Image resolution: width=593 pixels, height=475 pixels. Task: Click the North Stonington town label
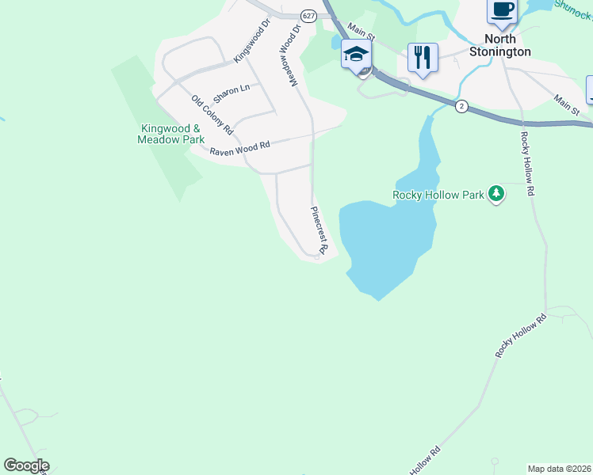pyautogui.click(x=500, y=45)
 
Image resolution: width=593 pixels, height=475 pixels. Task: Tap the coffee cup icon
pyautogui.click(x=503, y=9)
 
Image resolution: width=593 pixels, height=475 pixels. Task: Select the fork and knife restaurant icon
pyautogui.click(x=423, y=57)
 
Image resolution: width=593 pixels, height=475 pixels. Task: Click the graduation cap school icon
pyautogui.click(x=356, y=55)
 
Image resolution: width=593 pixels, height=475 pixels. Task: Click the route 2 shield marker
pyautogui.click(x=461, y=105)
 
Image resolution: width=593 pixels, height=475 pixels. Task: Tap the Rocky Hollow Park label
pyautogui.click(x=439, y=194)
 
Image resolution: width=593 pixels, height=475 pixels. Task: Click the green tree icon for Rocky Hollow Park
pyautogui.click(x=496, y=194)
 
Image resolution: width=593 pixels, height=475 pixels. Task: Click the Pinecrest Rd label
pyautogui.click(x=318, y=230)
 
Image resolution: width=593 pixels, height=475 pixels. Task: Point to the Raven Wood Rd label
pyautogui.click(x=239, y=148)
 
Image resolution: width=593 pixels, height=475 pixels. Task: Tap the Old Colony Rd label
pyautogui.click(x=212, y=115)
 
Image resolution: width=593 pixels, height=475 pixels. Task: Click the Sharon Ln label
pyautogui.click(x=231, y=90)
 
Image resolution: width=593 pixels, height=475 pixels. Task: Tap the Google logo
pyautogui.click(x=26, y=465)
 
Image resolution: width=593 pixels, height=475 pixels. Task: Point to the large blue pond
pyautogui.click(x=381, y=237)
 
